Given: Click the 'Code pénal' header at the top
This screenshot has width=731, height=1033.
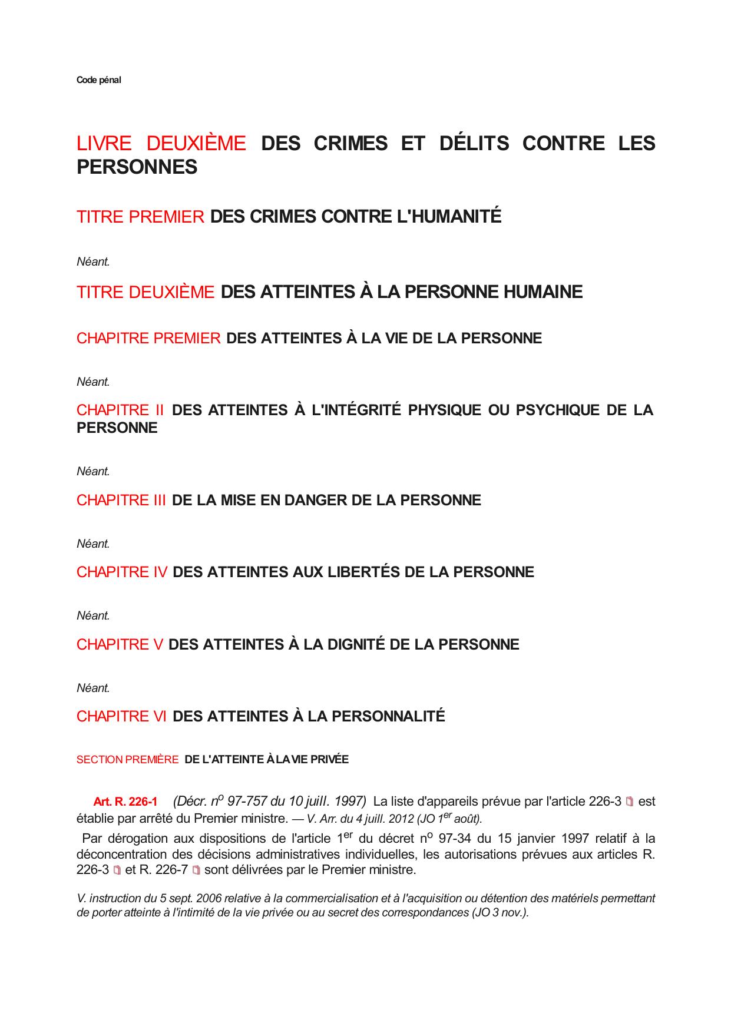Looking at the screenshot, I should point(98,80).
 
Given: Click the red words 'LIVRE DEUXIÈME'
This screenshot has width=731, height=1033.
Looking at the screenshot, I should point(161,143).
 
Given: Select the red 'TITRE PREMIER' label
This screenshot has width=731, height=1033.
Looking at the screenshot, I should point(140,217).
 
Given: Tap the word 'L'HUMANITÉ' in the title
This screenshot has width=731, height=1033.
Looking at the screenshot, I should point(450,217).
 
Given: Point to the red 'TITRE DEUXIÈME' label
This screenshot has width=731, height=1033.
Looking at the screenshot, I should point(145,292).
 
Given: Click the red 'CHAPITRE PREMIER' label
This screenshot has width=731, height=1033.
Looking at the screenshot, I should point(148,339).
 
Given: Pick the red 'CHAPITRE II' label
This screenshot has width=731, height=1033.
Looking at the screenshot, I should point(120,410).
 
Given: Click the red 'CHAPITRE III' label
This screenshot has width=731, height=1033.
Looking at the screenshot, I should point(121,501).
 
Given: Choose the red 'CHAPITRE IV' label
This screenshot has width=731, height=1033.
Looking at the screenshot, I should point(122,572).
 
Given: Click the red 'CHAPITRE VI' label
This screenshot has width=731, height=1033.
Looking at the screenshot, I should point(121,717).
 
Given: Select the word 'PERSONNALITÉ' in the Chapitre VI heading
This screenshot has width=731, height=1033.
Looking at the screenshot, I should point(388,717).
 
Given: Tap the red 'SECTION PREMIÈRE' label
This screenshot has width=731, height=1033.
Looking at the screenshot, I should point(127,760).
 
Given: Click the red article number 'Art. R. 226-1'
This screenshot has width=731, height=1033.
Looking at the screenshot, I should point(125,802).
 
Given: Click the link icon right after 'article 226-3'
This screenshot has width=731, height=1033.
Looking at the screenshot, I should point(630,802).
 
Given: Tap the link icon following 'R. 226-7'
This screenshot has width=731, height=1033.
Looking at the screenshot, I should point(196,870).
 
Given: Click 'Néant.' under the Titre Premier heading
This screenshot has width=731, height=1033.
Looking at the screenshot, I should point(93,262).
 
